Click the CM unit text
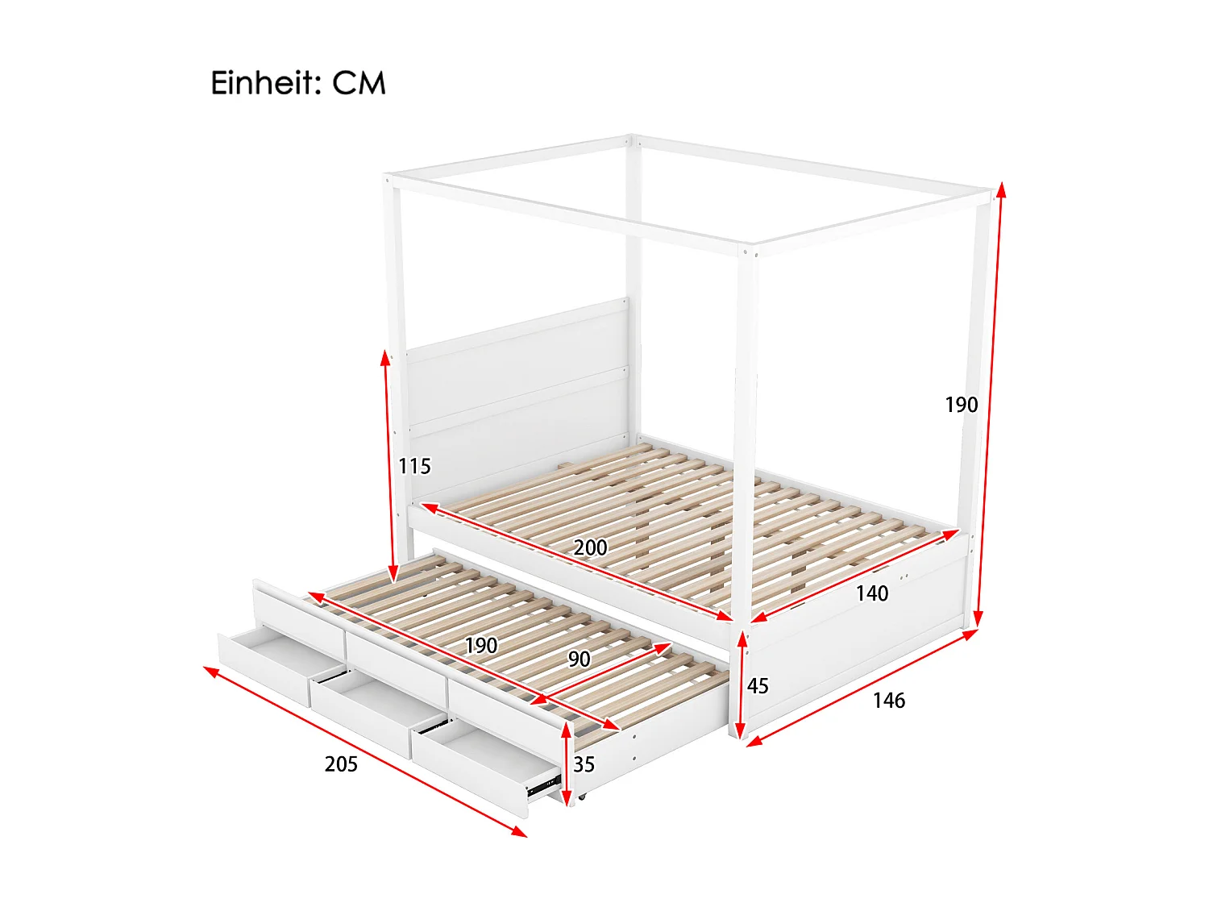pos(359,83)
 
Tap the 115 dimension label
pos(414,466)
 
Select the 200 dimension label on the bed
pos(590,547)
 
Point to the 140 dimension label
pos(871,593)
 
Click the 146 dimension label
pos(888,701)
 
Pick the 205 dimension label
pos(341,763)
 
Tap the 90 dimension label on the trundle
pos(579,659)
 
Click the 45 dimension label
pos(758,686)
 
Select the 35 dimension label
pos(584,764)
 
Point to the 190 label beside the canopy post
pos(961,405)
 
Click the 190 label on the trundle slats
pos(480,646)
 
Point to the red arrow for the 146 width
pos(862,684)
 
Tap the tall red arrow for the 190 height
pos(990,403)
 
